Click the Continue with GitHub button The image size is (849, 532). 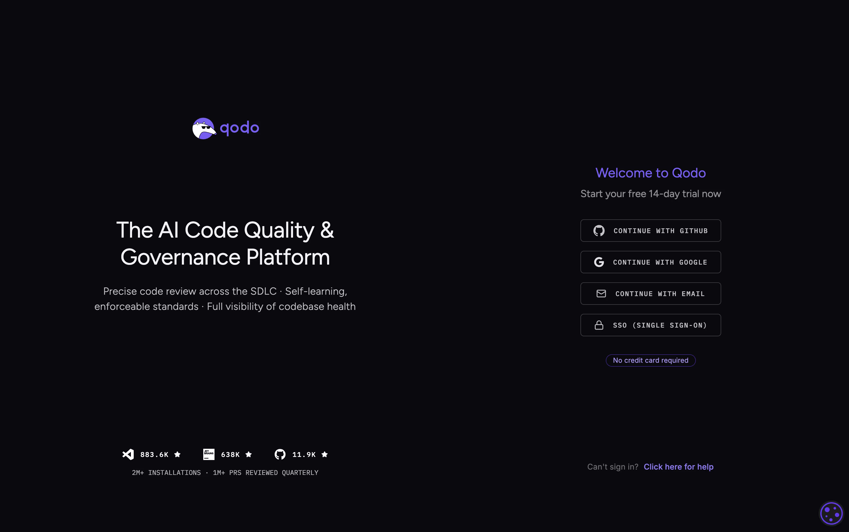(x=650, y=231)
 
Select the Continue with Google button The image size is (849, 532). (x=650, y=262)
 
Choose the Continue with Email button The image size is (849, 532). (x=650, y=294)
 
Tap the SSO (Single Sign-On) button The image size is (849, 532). (x=650, y=325)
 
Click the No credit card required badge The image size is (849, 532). (x=650, y=360)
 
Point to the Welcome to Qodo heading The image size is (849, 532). (x=650, y=173)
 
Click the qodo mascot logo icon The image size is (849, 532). (x=204, y=129)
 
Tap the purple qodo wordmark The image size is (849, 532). (x=240, y=128)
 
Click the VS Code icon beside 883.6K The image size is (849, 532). (x=128, y=454)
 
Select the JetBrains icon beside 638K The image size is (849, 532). (x=209, y=454)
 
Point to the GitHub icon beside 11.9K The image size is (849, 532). (x=280, y=454)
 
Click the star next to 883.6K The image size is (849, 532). (x=177, y=454)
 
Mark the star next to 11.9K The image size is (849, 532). (x=325, y=454)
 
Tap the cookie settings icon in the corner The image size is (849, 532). (x=831, y=513)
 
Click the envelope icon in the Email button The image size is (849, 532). (x=601, y=294)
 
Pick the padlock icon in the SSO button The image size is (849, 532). (x=599, y=325)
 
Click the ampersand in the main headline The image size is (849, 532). (x=327, y=230)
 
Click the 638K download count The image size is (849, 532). (x=230, y=455)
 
